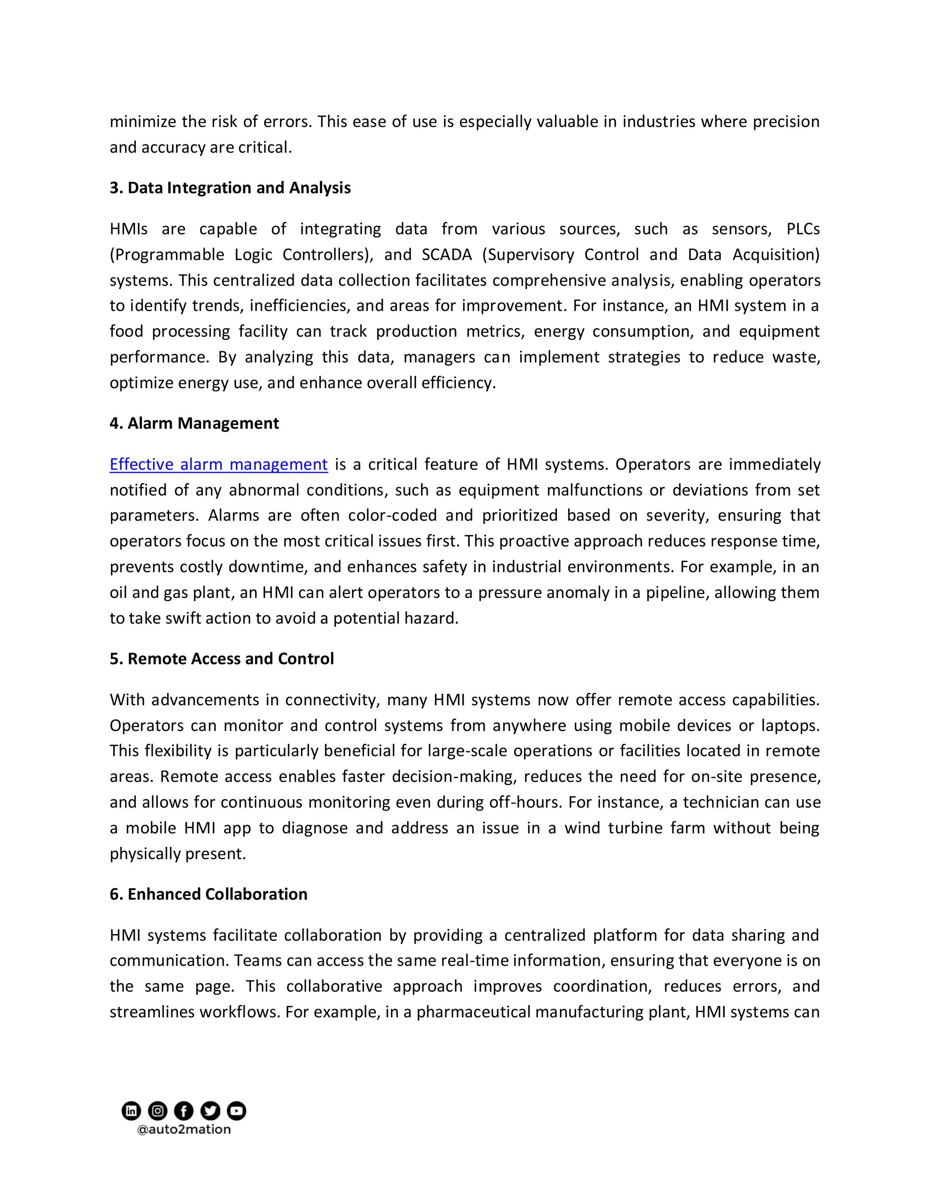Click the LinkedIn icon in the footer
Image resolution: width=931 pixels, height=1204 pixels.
point(131,1110)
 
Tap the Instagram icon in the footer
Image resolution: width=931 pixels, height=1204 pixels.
point(158,1110)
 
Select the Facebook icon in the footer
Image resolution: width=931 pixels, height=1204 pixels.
point(184,1110)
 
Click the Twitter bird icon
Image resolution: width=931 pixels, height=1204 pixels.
point(210,1110)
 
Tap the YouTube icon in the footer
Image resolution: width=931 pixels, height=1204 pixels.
point(236,1110)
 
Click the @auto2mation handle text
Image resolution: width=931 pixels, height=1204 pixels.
point(184,1129)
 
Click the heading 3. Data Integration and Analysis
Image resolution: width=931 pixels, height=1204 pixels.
point(230,188)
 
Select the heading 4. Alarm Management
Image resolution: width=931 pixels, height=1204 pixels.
point(194,423)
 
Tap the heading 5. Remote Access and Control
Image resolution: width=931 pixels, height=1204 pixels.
point(222,659)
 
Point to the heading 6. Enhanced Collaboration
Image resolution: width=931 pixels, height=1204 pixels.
point(209,894)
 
